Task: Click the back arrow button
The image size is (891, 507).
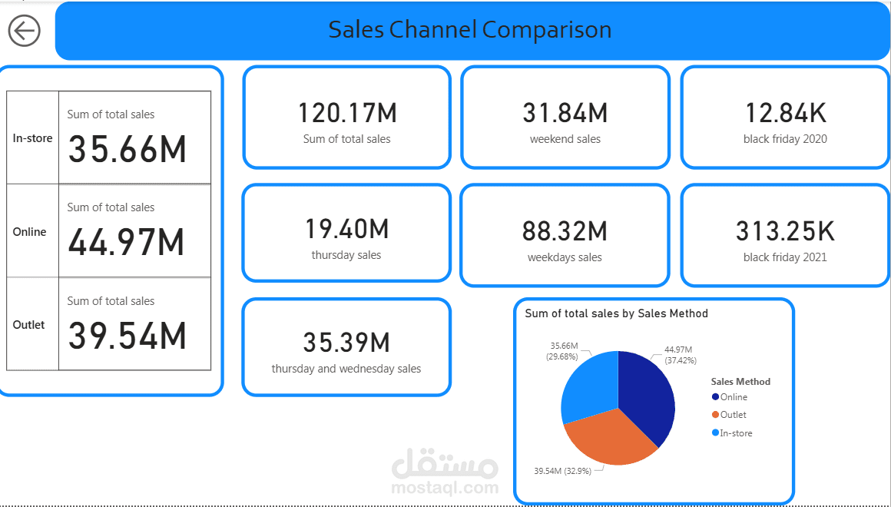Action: [25, 31]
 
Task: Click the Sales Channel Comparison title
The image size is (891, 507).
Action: [470, 30]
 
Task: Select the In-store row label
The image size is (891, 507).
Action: [32, 138]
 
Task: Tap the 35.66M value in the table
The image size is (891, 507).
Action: [128, 148]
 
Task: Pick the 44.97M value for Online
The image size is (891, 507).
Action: [127, 242]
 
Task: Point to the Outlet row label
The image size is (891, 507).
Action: [29, 325]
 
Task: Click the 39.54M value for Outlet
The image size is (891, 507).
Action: [128, 336]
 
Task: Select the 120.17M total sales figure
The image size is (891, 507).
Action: [347, 114]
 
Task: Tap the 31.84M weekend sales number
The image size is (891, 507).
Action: [565, 114]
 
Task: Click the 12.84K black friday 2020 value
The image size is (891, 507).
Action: [785, 114]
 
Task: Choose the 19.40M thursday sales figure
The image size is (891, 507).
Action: [346, 229]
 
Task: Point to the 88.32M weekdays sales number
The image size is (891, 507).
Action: [565, 231]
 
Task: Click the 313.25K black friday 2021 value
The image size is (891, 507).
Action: [785, 231]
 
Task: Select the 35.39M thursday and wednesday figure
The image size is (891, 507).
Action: [346, 343]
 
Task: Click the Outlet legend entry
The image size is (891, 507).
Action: [733, 415]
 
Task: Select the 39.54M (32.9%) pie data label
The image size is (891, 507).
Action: [563, 470]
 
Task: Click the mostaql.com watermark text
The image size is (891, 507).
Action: [444, 487]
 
